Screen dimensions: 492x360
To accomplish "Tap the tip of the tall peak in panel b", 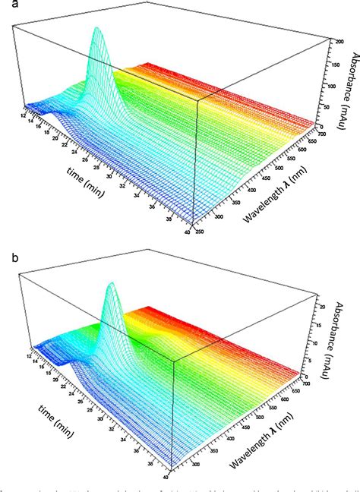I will pos(113,284).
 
